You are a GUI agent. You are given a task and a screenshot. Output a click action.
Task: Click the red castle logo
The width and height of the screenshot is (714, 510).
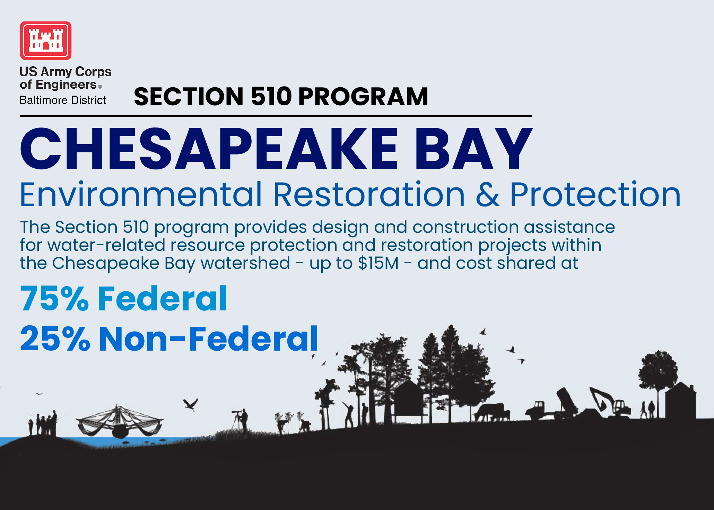[x=46, y=41]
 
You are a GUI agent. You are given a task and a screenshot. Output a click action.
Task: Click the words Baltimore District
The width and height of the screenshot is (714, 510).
[x=63, y=100]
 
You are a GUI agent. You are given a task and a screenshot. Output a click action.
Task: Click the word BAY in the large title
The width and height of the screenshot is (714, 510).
[x=473, y=149]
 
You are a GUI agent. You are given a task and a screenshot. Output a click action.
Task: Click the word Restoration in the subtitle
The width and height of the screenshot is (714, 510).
[x=369, y=195]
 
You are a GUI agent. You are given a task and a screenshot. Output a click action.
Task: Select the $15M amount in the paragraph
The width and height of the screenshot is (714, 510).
[x=378, y=263]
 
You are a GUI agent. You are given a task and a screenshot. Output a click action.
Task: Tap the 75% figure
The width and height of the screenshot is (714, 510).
[x=54, y=298]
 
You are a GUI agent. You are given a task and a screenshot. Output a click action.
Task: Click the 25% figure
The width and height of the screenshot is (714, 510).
[x=55, y=338]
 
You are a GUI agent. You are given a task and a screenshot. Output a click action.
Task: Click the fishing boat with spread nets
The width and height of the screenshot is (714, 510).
[x=120, y=421]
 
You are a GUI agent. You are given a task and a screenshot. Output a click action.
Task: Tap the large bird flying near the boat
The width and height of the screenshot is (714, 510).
[x=191, y=404]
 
